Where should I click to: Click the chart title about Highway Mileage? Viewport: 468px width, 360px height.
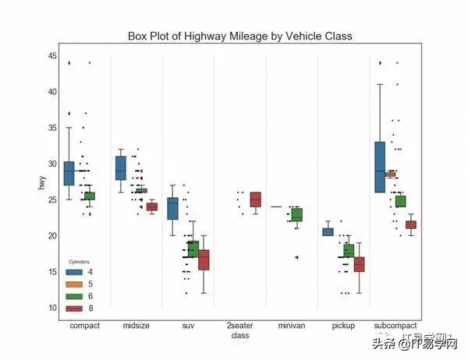coord(240,36)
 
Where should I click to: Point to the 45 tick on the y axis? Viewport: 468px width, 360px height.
coord(51,56)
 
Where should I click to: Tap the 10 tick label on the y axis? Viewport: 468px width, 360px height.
coord(51,308)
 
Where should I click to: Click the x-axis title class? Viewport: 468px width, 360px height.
coord(239,335)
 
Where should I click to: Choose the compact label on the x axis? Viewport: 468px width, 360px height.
coord(84,325)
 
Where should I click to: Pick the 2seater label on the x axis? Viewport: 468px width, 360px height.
coord(239,325)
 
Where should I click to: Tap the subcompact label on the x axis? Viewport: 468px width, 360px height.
coord(395,325)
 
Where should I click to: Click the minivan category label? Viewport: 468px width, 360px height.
coord(292,325)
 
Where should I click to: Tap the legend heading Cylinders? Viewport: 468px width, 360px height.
coord(79,263)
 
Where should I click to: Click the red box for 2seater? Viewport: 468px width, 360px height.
coord(255,199)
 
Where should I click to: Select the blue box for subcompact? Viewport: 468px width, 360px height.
coord(380,167)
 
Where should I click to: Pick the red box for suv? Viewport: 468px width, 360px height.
coord(204,259)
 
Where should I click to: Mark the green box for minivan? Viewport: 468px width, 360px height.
coord(296,214)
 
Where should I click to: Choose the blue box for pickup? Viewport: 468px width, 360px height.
coord(328,231)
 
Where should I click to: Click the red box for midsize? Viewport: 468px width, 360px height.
coord(151,206)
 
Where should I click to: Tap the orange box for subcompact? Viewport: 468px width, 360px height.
coord(390,174)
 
